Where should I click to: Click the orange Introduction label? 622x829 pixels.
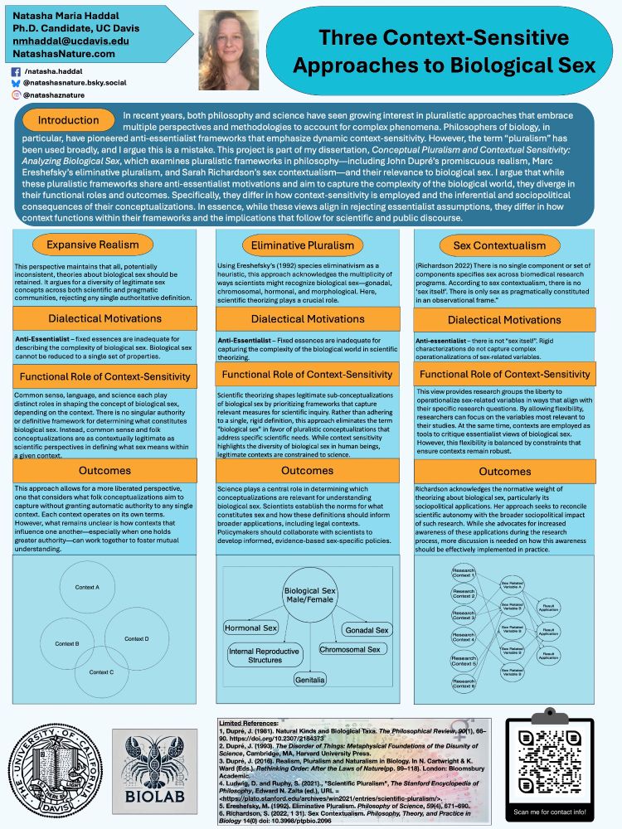68,120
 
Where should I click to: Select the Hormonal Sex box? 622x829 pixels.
251,628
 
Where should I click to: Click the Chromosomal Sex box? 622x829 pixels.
351,650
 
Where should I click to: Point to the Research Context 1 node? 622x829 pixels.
464,574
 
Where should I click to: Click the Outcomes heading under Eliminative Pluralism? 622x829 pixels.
308,470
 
